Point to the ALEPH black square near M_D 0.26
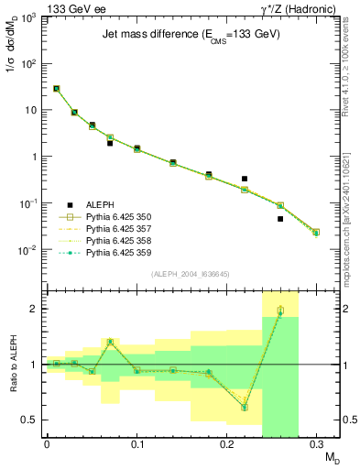(x=280, y=219)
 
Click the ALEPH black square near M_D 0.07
(x=110, y=143)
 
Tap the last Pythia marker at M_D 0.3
(x=316, y=233)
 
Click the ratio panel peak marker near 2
(x=280, y=311)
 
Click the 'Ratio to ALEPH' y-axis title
(x=13, y=365)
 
